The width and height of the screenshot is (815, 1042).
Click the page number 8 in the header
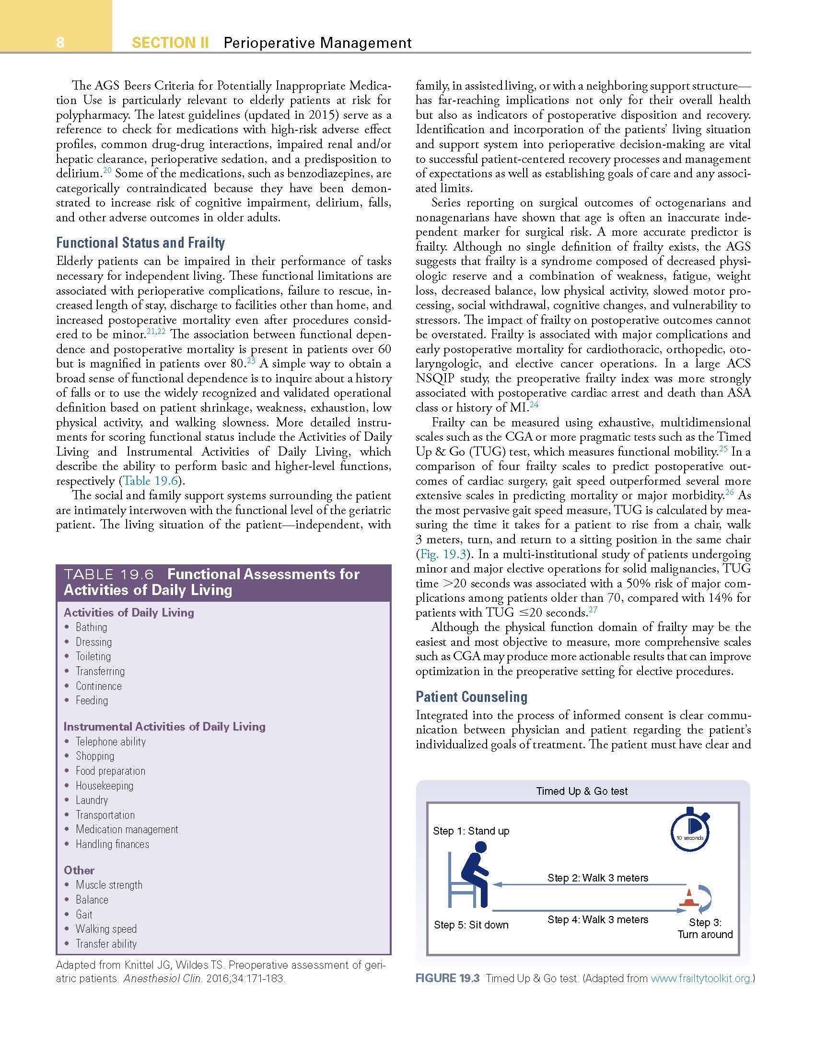[x=60, y=43]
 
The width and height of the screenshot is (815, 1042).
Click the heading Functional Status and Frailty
[x=140, y=243]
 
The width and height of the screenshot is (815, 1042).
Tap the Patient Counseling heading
[x=471, y=697]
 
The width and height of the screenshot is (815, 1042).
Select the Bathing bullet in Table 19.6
[x=91, y=627]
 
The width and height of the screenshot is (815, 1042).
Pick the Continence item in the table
[x=98, y=686]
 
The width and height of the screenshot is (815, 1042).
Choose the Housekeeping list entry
[x=104, y=786]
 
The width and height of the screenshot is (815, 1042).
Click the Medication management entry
[x=127, y=829]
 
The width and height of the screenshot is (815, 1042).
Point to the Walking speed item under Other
[x=106, y=929]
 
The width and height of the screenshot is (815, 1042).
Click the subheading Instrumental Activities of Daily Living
[x=164, y=726]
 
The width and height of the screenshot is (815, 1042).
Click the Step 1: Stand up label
[x=471, y=831]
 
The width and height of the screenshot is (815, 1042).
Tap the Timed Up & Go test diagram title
[x=582, y=791]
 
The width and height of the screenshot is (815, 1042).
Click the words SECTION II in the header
[x=170, y=43]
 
